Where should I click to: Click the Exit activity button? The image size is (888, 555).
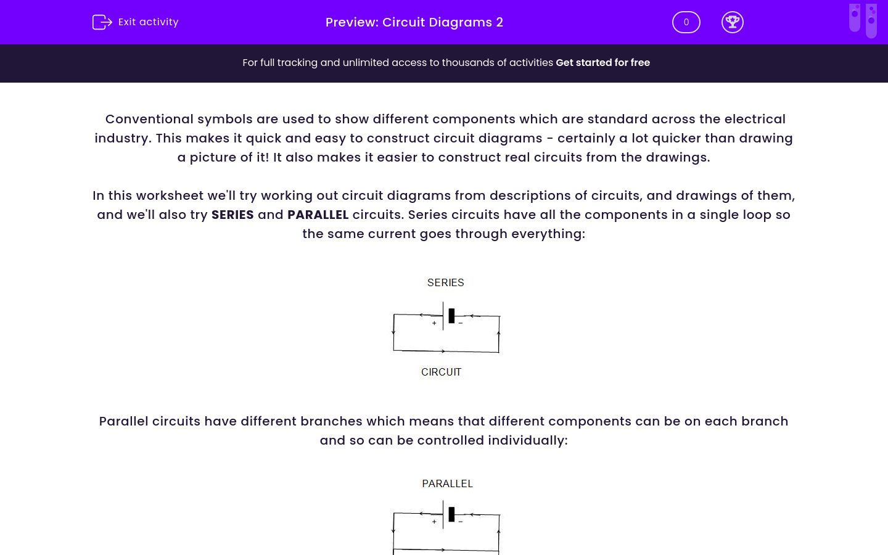(136, 22)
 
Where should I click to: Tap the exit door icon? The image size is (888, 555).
(102, 22)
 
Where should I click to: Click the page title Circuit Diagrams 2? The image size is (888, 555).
(414, 22)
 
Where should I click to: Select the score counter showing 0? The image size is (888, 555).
(686, 22)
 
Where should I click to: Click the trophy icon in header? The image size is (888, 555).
(732, 22)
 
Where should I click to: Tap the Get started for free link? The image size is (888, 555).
(602, 62)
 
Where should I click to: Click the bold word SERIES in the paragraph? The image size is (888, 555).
(232, 215)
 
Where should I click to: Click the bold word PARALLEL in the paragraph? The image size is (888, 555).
(318, 215)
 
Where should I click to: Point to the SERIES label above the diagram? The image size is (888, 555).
(445, 282)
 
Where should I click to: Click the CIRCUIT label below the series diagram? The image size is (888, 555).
(441, 372)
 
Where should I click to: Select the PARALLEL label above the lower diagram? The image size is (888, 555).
(447, 483)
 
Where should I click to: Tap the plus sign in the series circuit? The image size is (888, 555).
(434, 323)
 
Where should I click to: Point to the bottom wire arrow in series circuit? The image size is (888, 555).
(443, 351)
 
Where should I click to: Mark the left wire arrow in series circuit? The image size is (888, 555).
(393, 332)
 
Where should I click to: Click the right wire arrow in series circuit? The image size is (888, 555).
(498, 334)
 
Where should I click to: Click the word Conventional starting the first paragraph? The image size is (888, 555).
(149, 119)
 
